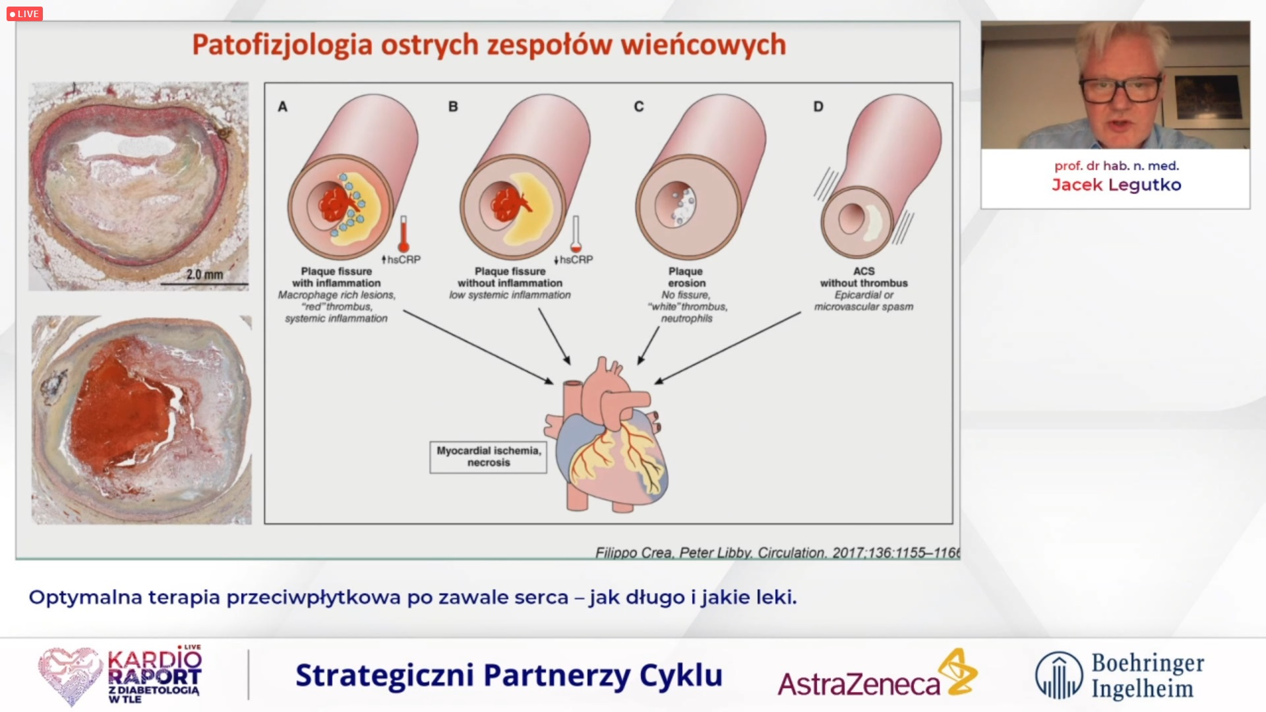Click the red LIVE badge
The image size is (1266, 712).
tap(24, 14)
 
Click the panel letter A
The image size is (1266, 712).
tap(282, 106)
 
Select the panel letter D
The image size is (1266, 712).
tap(818, 106)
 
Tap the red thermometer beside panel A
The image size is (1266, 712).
tap(404, 234)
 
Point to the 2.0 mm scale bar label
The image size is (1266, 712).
tap(204, 274)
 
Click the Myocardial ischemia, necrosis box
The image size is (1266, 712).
tap(489, 457)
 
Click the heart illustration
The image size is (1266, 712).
tap(607, 435)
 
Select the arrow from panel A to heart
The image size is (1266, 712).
tap(479, 347)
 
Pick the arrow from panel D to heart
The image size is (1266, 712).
tap(727, 347)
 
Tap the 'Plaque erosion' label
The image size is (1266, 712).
tap(686, 277)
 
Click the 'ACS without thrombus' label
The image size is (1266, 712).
tap(864, 277)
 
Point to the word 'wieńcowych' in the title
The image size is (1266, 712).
tap(704, 45)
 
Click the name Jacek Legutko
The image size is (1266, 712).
tap(1116, 185)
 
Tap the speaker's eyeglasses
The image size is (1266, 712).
tap(1122, 90)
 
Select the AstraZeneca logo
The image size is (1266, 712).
tap(877, 674)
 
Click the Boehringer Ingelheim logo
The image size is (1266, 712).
tap(1120, 675)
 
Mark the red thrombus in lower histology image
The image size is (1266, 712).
tap(122, 409)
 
